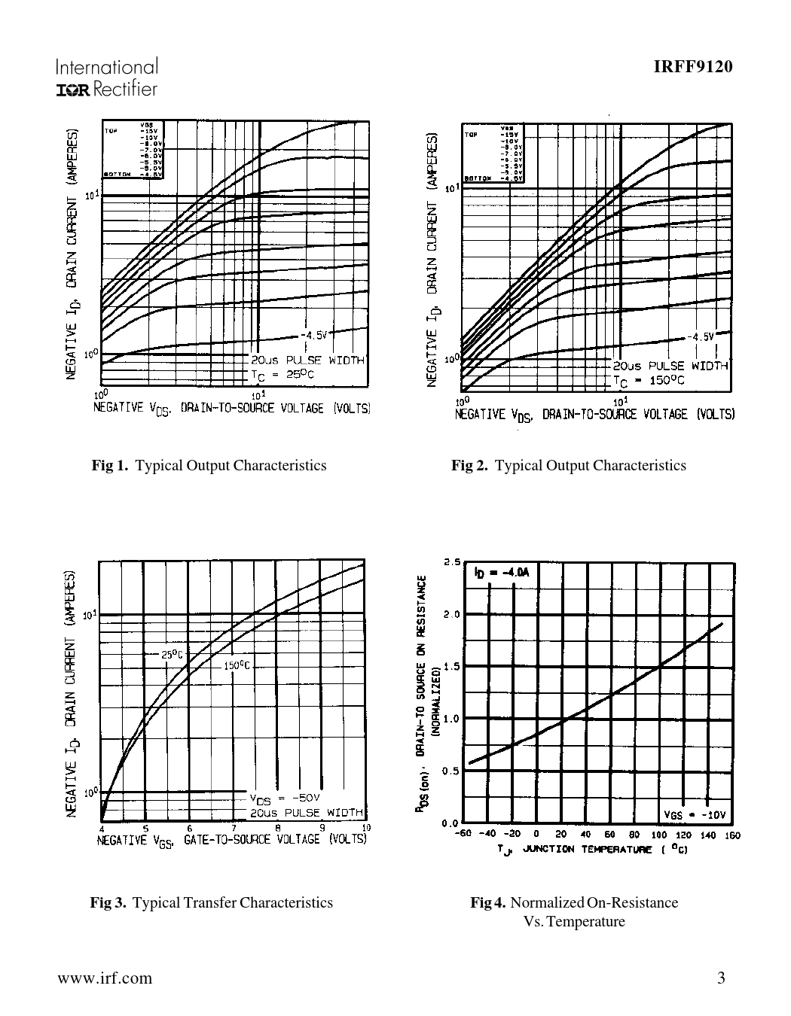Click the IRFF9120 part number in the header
tap(692, 67)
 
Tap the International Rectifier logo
tap(106, 78)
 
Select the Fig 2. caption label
tap(470, 465)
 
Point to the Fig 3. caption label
tap(108, 902)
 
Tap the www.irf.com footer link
tap(104, 978)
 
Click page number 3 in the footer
tap(721, 978)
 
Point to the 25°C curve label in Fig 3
tap(173, 654)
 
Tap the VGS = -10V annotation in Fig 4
tap(695, 815)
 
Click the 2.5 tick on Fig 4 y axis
tap(452, 562)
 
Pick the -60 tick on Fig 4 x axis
tap(463, 834)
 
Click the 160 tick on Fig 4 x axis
tap(732, 835)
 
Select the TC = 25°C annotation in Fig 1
tap(282, 374)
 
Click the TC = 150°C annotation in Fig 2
tap(649, 380)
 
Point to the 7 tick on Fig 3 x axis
tap(234, 829)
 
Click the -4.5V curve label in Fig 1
tap(313, 335)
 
